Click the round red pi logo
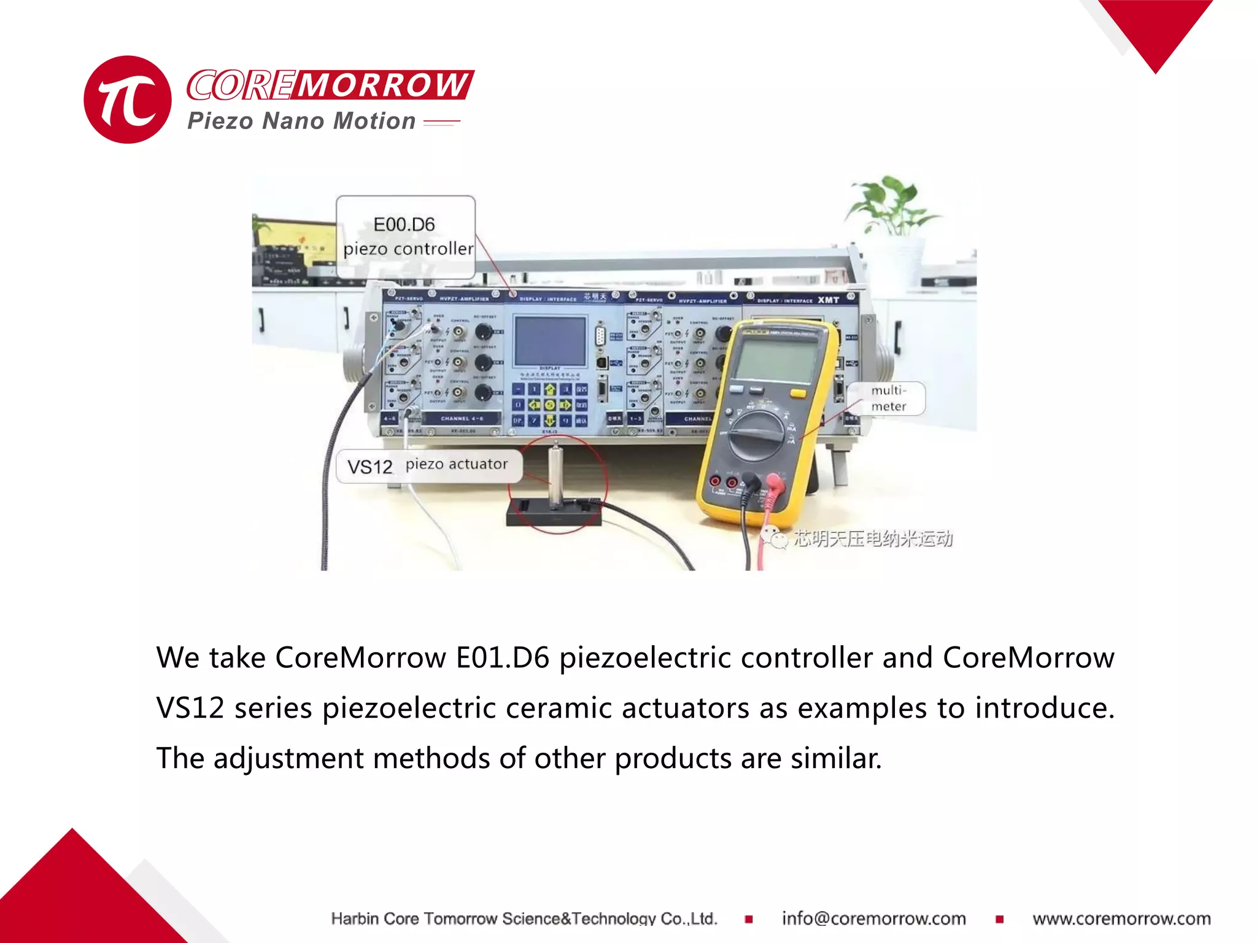128,99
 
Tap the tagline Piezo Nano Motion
301,121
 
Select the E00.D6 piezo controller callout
406,237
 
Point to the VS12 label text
369,467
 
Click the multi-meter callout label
888,398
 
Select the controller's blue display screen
550,341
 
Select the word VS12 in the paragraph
190,708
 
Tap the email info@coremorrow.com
873,918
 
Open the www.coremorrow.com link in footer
1121,918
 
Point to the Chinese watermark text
872,538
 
